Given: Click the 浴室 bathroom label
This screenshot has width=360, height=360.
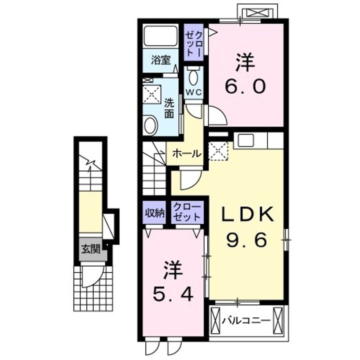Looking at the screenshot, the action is coord(160,60).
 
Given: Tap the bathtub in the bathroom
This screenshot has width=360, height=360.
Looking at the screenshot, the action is coord(160,36).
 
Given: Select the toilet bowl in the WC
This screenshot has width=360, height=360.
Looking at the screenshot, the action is coord(193,76).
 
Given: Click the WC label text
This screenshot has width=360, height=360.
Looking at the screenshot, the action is coord(193,92).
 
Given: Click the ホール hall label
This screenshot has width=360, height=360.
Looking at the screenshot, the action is coord(186,153).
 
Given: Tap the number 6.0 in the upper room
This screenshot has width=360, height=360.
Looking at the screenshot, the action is coord(245,86).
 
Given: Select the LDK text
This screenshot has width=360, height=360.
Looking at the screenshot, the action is coord(247,214).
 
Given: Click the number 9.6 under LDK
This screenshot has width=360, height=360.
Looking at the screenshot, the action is coord(247,240).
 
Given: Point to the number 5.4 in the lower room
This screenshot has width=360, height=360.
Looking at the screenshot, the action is coord(172,294).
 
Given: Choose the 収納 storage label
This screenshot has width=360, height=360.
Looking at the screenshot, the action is coord(154,213).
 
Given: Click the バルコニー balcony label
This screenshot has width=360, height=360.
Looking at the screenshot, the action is coord(246,320).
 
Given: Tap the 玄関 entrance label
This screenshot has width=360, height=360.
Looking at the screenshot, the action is coord(91,249).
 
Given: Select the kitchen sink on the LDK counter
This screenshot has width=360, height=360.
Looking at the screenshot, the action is coord(245,140).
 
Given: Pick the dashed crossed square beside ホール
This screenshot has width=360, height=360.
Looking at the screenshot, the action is coord(218,151).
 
